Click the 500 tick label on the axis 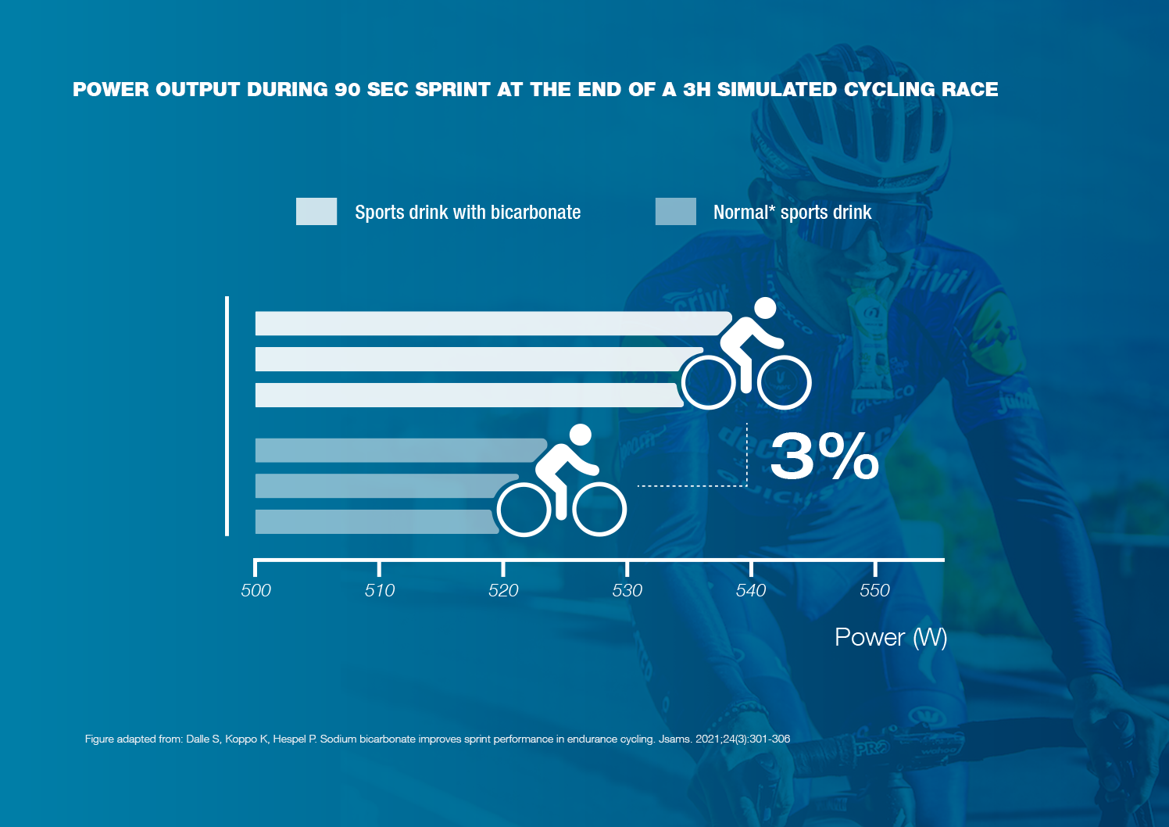click(256, 590)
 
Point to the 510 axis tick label click(380, 590)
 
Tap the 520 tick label click(503, 590)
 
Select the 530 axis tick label click(627, 590)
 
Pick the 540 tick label click(751, 590)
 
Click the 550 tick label click(874, 590)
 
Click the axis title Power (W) click(891, 638)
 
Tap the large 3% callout click(824, 456)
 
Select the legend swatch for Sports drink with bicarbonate click(316, 211)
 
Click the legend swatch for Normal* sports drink click(676, 211)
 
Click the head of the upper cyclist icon click(765, 308)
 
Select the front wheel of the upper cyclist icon click(785, 383)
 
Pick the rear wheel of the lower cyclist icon click(524, 510)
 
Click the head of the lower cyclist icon click(581, 435)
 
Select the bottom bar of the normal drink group click(375, 521)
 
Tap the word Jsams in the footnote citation click(674, 739)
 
